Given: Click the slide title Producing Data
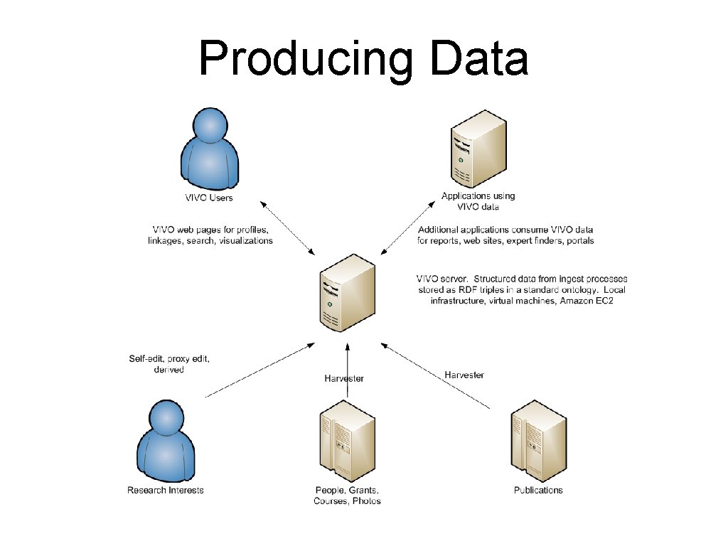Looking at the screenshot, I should [x=363, y=58].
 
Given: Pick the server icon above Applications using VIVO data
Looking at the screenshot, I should [x=478, y=149].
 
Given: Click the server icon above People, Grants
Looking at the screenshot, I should [x=347, y=441].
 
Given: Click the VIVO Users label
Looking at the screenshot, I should [x=209, y=198].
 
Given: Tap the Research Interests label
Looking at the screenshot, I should [x=166, y=490].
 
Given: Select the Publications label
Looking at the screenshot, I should [x=538, y=490].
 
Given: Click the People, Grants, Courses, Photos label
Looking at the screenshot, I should [x=347, y=496].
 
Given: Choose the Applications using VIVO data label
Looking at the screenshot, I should [x=478, y=201].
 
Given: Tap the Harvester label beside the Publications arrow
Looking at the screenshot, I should [x=464, y=374].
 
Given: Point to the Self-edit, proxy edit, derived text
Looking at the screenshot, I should [x=169, y=364].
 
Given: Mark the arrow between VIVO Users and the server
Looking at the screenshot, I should [x=288, y=228].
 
